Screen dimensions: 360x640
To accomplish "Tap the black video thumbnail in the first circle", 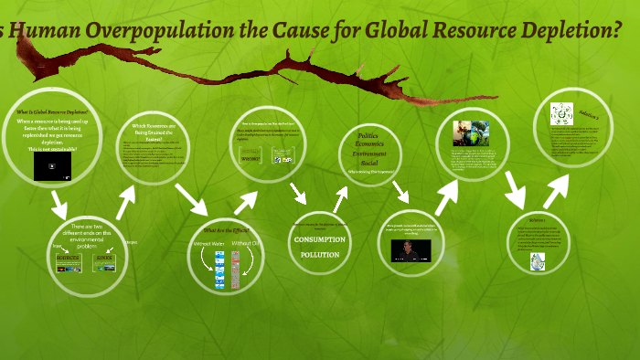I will point(52,166).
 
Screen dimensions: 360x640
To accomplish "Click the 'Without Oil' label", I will point(245,244).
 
